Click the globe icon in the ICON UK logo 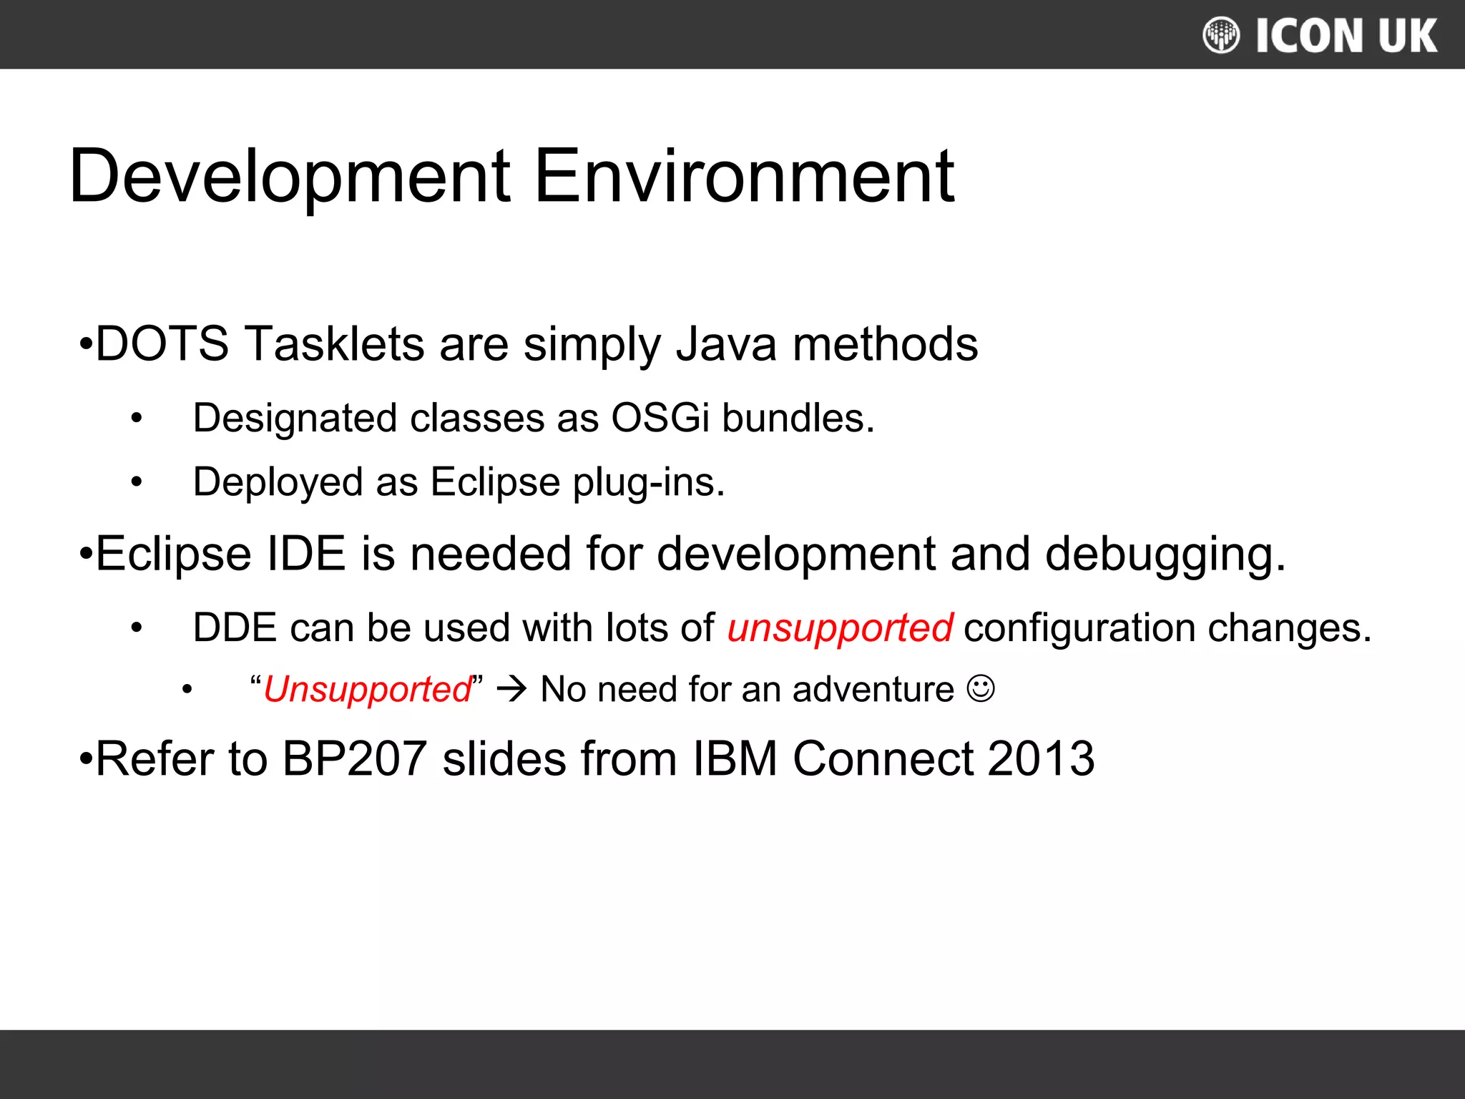coord(1221,35)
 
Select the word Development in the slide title coord(290,176)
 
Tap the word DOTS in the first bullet coord(162,344)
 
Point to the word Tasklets coord(335,344)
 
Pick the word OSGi coord(660,418)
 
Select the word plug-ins coord(649,482)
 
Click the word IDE coord(306,554)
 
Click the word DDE coord(235,627)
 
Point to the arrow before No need coord(511,690)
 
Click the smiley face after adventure coord(980,688)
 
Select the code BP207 coord(354,758)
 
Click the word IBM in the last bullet coord(735,758)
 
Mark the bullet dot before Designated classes coord(137,419)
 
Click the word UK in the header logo coord(1408,36)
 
